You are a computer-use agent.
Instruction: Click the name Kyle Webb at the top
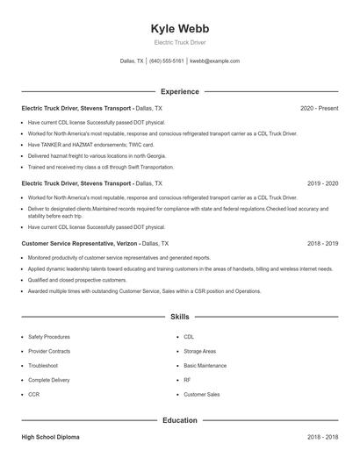pos(180,28)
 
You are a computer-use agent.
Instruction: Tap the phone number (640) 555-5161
pos(167,61)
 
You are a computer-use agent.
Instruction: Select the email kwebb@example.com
pos(214,61)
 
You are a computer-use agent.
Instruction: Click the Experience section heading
pos(180,91)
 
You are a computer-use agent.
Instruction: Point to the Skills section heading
pos(180,316)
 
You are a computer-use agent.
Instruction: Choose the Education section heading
pos(180,420)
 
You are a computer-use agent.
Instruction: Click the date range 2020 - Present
pos(319,108)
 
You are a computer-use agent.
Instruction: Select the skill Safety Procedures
pos(49,336)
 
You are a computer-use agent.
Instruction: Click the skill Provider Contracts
pos(49,351)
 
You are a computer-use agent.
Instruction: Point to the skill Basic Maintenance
pos(205,365)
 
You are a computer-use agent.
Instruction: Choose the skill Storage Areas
pos(200,351)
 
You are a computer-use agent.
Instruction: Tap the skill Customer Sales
pos(201,395)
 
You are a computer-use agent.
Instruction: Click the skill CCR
pos(33,395)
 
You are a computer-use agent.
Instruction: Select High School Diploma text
pos(52,437)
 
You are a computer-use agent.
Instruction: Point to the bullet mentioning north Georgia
pos(89,155)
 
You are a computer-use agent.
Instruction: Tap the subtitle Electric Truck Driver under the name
pos(180,43)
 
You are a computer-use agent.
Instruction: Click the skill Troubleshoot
pos(43,365)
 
